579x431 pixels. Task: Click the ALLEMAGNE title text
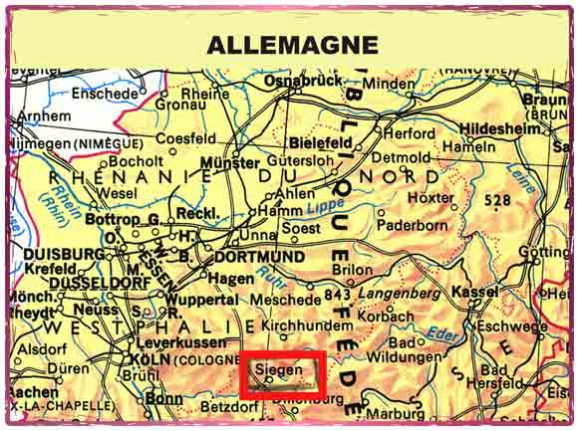292,44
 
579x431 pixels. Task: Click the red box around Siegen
283,374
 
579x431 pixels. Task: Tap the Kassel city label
474,292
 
